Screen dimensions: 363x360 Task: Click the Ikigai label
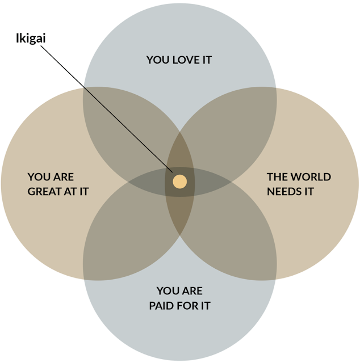click(32, 39)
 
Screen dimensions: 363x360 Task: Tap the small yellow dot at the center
click(179, 181)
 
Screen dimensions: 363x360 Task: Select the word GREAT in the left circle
click(45, 191)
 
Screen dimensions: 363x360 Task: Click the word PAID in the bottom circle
click(163, 306)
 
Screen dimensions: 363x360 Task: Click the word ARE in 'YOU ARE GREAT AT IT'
click(63, 177)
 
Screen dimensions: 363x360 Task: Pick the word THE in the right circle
click(277, 177)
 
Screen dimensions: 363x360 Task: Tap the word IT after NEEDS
click(308, 191)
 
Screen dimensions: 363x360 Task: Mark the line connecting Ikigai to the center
click(108, 108)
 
